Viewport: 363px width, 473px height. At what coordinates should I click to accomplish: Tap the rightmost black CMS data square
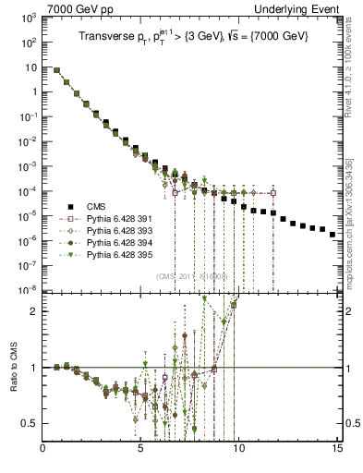[x=333, y=235]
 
